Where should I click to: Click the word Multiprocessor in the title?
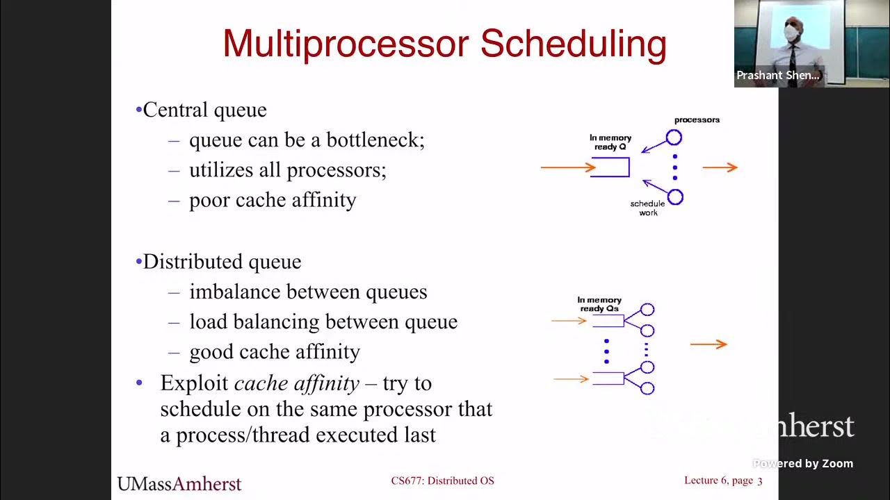click(346, 44)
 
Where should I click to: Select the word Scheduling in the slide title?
click(574, 44)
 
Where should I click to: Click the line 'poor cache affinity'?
click(273, 200)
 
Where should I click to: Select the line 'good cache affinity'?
click(275, 352)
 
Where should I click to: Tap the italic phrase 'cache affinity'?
click(297, 383)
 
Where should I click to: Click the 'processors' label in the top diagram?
click(697, 119)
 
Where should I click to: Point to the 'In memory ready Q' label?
click(610, 142)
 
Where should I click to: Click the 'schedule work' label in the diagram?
click(647, 208)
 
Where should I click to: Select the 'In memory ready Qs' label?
click(599, 304)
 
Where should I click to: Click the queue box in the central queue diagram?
click(610, 167)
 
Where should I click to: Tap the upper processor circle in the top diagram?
click(674, 137)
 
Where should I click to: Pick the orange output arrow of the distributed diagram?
click(709, 344)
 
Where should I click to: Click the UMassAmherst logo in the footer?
click(179, 483)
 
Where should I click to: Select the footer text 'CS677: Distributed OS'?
click(442, 481)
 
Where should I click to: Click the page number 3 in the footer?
click(760, 481)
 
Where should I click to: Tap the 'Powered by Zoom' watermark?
click(803, 464)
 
